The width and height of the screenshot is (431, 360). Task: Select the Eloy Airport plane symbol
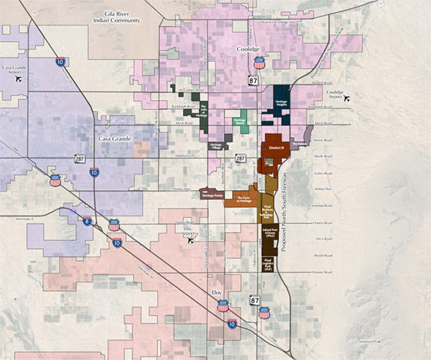coord(191,241)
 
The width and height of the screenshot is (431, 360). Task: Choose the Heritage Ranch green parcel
coord(239,121)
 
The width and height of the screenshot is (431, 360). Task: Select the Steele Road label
coord(320,157)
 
